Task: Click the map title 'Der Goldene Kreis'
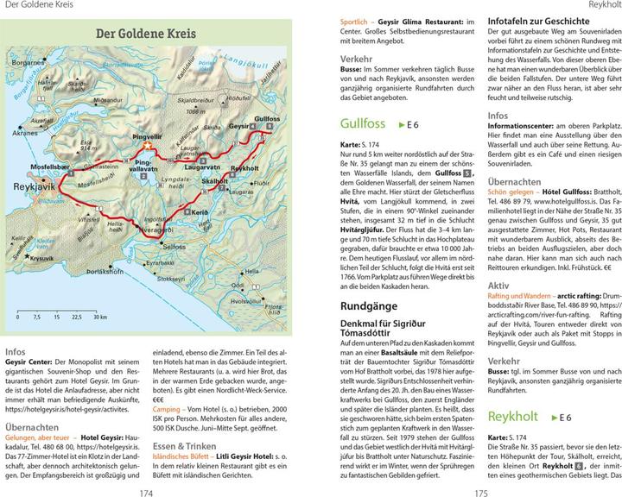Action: pos(145,35)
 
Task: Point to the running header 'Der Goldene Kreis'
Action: pos(34,5)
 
